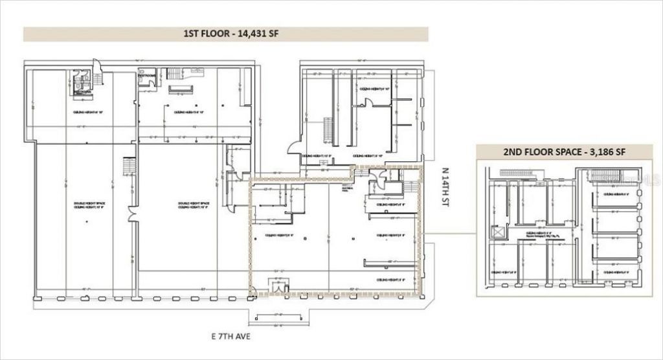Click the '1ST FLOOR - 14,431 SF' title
click(x=225, y=34)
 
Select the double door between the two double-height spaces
click(x=133, y=214)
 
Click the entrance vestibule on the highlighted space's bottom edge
click(x=278, y=286)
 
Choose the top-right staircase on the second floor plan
click(x=605, y=175)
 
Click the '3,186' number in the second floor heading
click(x=596, y=152)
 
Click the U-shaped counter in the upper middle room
click(x=181, y=89)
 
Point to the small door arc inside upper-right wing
click(x=368, y=103)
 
